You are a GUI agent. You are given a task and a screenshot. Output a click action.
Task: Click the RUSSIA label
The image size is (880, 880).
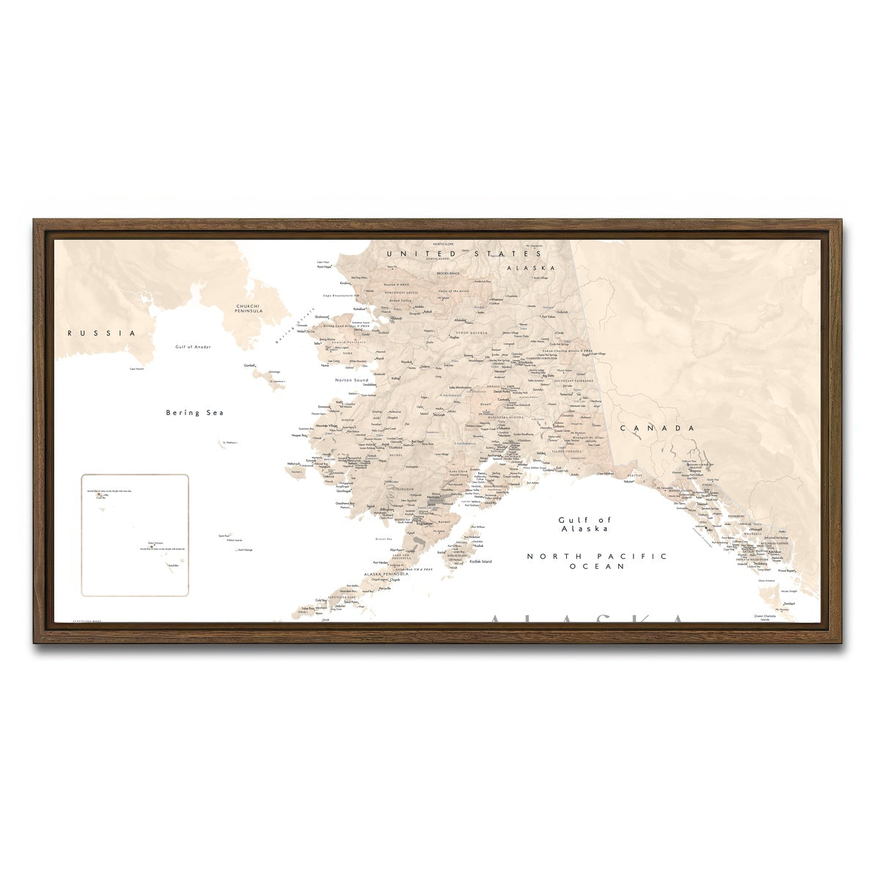102,333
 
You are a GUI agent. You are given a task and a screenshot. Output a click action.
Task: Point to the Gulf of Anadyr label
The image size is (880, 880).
193,346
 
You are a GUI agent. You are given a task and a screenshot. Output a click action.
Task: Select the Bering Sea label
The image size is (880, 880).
194,413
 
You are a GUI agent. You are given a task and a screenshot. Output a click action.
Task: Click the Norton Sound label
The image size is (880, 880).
351,381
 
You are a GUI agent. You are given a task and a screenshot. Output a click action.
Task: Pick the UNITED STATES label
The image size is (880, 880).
452,253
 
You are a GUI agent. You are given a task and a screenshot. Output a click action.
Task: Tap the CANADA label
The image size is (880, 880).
657,428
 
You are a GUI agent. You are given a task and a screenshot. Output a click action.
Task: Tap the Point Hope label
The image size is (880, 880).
324,267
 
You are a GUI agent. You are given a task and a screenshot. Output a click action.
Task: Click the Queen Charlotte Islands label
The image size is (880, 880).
769,617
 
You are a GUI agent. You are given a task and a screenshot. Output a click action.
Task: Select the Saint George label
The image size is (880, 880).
244,550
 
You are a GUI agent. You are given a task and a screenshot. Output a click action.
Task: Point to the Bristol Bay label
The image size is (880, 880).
384,539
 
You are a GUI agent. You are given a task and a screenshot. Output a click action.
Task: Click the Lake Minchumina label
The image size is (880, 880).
460,387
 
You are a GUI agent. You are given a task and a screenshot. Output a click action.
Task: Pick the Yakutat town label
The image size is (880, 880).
628,482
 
